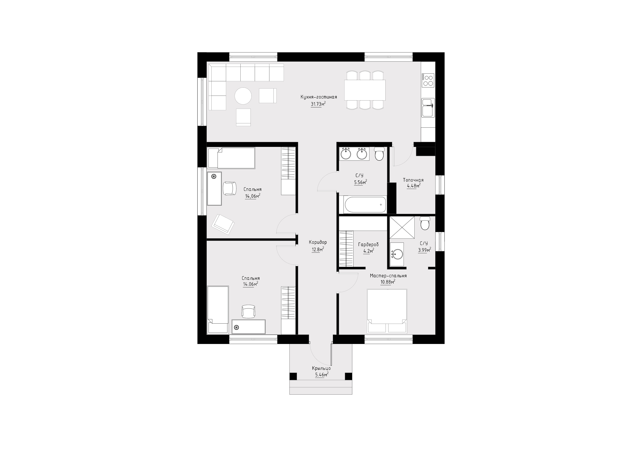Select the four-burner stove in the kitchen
(x=428, y=80)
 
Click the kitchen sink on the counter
(x=428, y=108)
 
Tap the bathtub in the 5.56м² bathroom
(x=365, y=205)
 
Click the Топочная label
(x=413, y=180)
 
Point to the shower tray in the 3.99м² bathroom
(x=402, y=227)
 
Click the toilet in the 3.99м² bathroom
(x=425, y=223)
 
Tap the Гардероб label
(x=368, y=245)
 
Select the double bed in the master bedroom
(x=387, y=311)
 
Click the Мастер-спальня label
(x=388, y=276)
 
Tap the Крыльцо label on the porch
(x=321, y=368)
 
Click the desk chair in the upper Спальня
(x=230, y=188)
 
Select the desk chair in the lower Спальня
(x=248, y=312)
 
